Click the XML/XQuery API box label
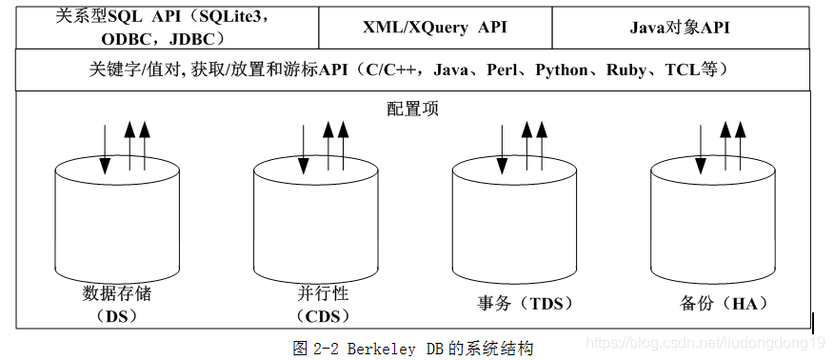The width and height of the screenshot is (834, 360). coord(435,27)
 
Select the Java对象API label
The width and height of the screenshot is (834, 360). coord(680,27)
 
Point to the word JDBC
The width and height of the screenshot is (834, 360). coord(194,39)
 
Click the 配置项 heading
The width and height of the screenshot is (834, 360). coord(412,109)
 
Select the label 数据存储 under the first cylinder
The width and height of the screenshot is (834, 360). coord(117,293)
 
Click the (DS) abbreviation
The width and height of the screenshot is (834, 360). coord(117,314)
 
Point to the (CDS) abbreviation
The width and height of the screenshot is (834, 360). coord(323,314)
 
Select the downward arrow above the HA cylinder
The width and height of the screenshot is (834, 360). coord(702,149)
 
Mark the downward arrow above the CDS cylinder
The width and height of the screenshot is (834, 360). coord(305,149)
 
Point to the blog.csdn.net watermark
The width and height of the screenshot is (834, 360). coord(705,342)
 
